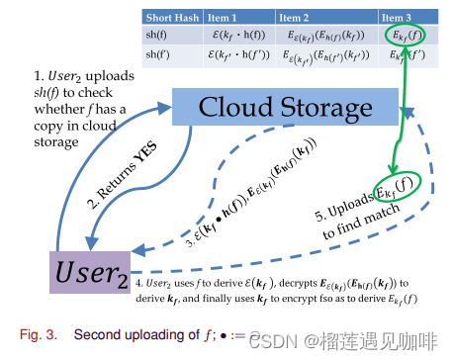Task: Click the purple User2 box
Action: [x=78, y=268]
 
